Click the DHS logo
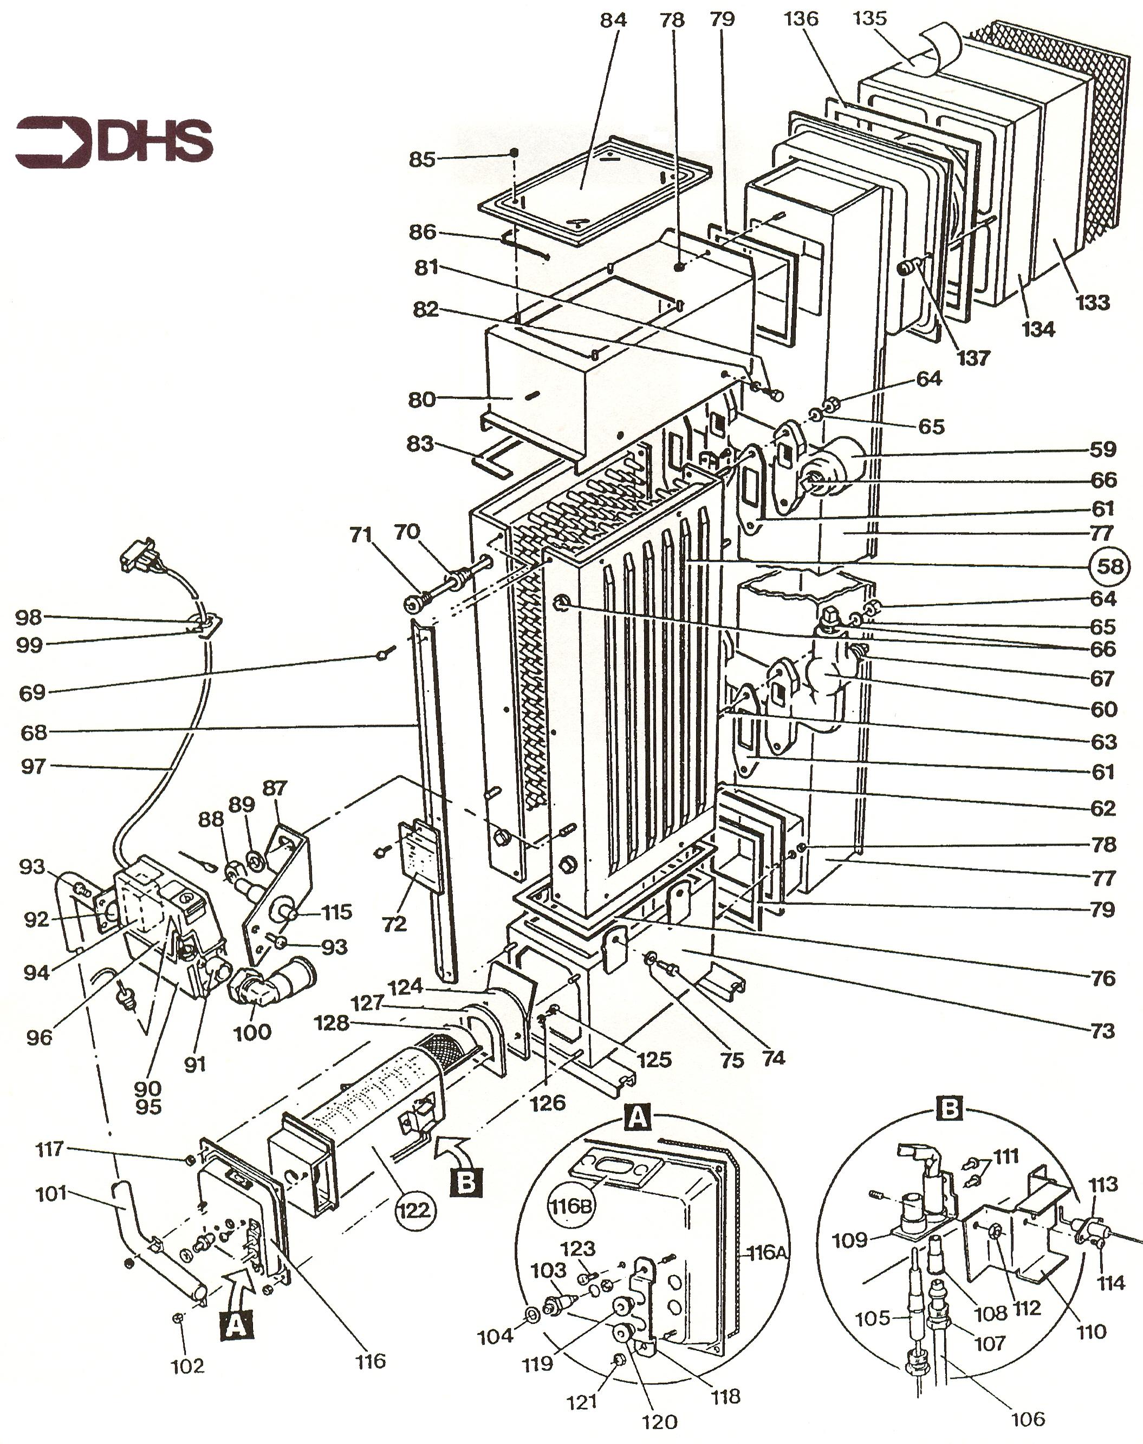114,142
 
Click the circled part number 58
1110,566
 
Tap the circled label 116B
569,1206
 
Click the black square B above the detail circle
949,1109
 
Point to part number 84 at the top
613,20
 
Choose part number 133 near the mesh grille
1092,302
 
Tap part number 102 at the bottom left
187,1365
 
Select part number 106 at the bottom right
1027,1418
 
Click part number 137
973,358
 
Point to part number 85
421,159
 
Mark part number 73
1103,1031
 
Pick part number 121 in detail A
582,1401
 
